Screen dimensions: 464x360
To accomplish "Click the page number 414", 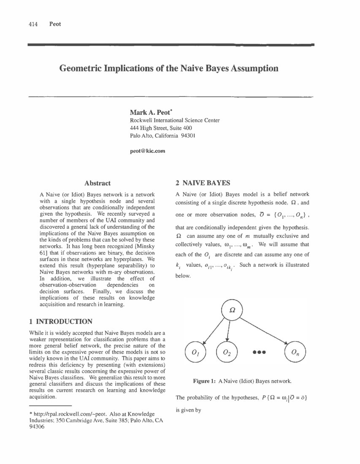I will (33, 24).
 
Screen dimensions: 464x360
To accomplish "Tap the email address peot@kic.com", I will (147, 151).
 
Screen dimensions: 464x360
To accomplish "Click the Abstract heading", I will (97, 183).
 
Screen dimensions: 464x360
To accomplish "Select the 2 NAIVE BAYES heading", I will (203, 183).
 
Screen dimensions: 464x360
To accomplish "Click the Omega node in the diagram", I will (232, 310).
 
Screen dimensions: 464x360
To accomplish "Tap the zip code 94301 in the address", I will (187, 136).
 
